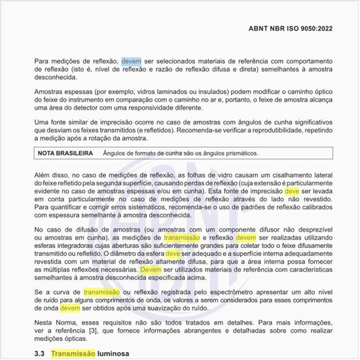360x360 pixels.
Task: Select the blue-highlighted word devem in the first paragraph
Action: coord(131,62)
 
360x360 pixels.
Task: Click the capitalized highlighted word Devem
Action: coord(151,269)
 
